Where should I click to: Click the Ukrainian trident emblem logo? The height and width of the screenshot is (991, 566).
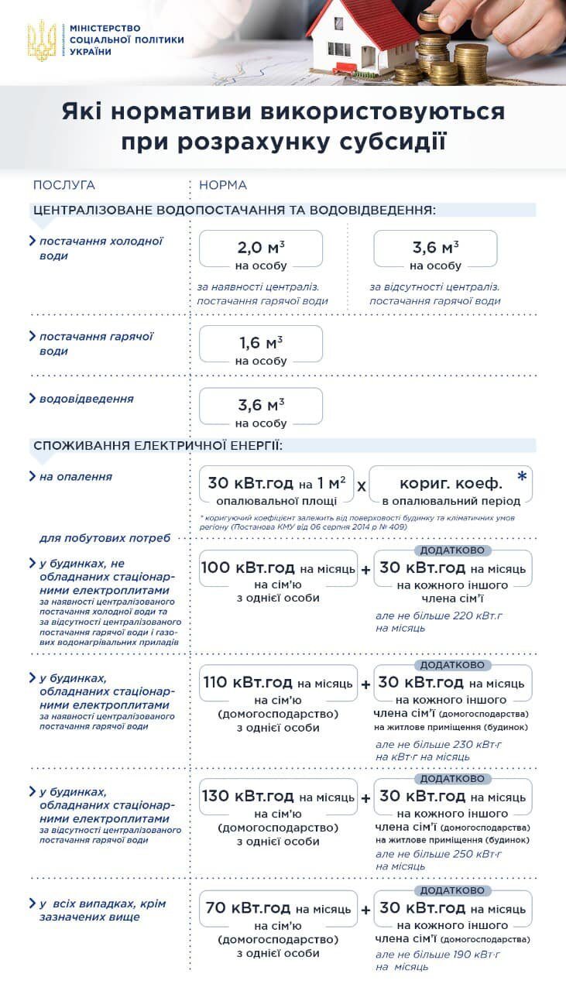42,40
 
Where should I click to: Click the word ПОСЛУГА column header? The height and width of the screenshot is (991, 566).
63,185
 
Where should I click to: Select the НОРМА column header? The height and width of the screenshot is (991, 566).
223,185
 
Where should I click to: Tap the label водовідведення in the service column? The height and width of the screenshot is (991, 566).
86,399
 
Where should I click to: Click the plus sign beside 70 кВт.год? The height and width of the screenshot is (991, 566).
365,910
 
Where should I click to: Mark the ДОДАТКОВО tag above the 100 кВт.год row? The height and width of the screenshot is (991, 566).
453,550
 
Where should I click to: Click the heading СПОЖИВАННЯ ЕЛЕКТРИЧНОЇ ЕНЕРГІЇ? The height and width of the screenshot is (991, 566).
158,446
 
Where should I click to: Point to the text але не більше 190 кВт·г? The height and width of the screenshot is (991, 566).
438,955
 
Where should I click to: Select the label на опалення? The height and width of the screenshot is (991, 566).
76,477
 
